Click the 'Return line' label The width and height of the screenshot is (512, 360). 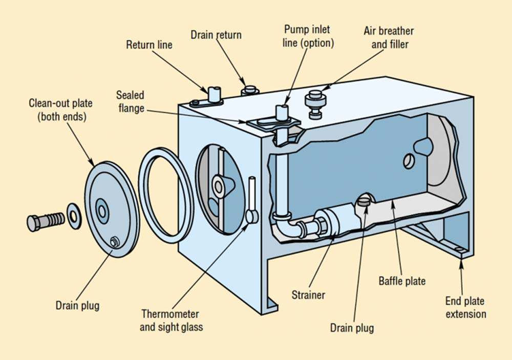(149, 45)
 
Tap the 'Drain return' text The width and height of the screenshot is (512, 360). (216, 35)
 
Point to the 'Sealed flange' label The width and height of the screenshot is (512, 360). (130, 101)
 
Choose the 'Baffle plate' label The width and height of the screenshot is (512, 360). (402, 281)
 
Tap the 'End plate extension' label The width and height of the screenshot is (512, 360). (465, 307)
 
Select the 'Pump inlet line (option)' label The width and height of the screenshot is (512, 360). (308, 36)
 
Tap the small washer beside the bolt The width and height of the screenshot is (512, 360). (74, 215)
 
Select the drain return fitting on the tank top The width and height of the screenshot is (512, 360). (249, 90)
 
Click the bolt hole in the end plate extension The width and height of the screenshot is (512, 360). (458, 250)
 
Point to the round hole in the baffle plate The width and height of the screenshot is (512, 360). (408, 161)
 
